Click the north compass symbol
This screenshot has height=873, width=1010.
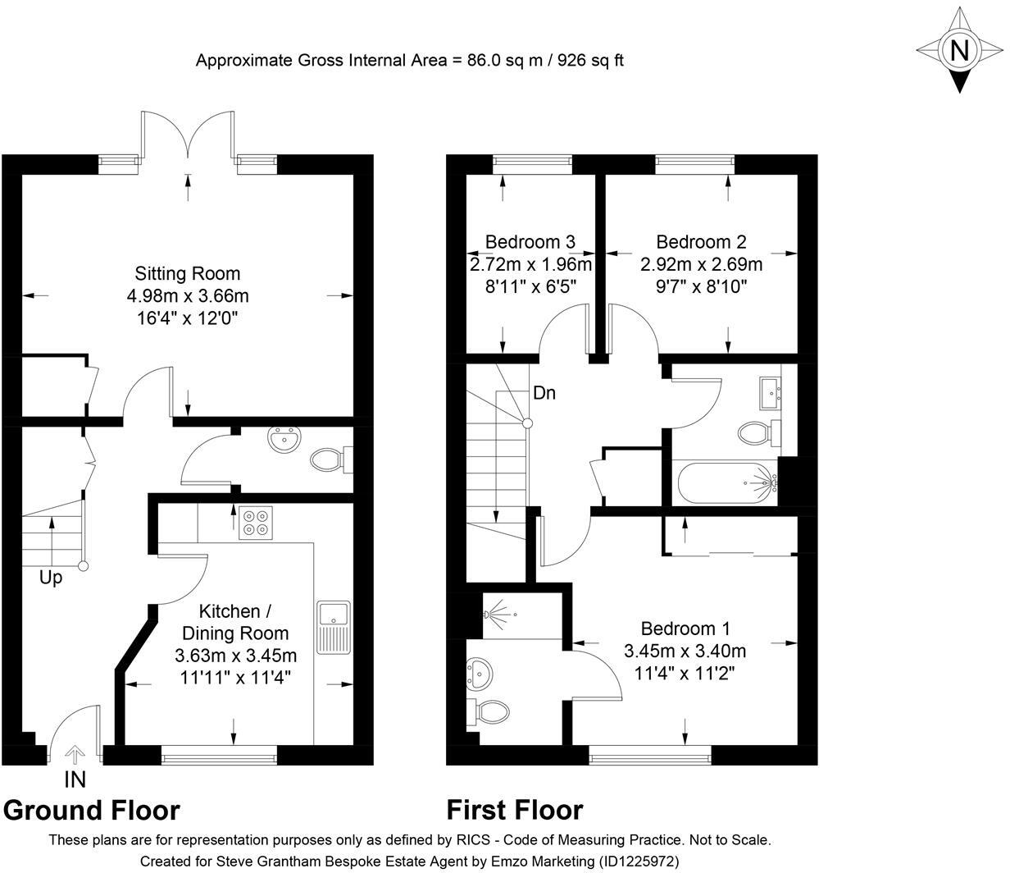point(958,51)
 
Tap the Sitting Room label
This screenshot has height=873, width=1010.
point(188,273)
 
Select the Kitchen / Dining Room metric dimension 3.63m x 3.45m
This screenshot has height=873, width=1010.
point(235,656)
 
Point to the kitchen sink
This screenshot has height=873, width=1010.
point(334,627)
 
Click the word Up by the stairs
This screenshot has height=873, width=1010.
point(51,578)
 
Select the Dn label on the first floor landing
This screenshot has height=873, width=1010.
point(544,393)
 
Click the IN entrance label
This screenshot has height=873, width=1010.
point(75,779)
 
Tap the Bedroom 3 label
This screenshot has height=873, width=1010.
point(530,242)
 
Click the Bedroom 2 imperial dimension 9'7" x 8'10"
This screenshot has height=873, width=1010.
point(701,286)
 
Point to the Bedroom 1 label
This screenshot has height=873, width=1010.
point(685,628)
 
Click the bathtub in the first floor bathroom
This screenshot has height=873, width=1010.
point(723,482)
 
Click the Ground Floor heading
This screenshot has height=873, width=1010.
point(92,810)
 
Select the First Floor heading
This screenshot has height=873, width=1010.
point(514,810)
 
